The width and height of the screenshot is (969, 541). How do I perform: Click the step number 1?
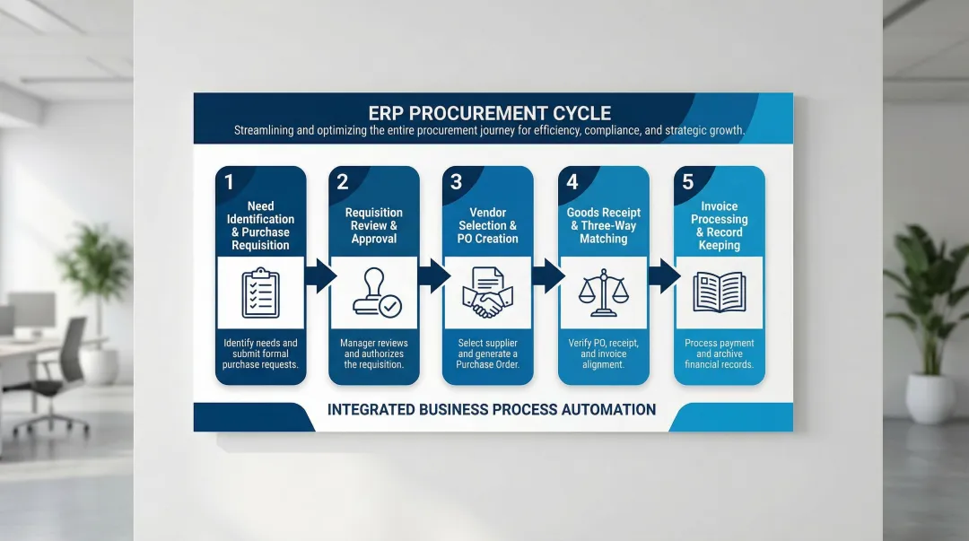229,182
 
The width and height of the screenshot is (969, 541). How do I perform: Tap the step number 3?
456,182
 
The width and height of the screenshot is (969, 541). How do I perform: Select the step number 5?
687,182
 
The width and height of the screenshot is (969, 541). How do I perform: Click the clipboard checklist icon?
260,292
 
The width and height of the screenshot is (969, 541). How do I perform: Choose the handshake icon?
487,293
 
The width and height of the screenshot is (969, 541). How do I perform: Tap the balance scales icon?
603,292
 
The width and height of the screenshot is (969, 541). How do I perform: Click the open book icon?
719,292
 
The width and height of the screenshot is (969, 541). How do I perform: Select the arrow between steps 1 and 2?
319,275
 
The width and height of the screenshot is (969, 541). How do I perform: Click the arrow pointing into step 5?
663,275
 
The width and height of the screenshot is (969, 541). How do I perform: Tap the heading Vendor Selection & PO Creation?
488,226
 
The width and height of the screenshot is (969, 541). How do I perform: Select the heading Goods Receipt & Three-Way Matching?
604,226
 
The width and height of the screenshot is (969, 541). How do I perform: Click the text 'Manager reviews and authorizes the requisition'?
373,353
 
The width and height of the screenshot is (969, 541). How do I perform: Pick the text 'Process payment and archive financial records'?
719,353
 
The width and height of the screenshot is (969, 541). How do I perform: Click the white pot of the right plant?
930,397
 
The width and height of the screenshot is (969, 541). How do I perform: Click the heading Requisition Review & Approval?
373,226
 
